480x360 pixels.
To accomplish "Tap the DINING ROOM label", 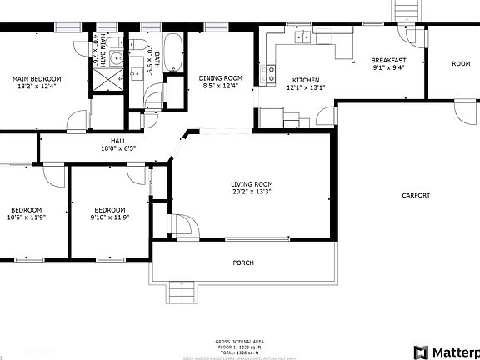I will coord(221,78).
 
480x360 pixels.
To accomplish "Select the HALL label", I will coord(117,141).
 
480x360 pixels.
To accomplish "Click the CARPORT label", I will coord(416,195).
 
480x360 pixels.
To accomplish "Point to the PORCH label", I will coord(243,263).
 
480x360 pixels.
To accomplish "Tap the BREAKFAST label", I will coord(388,60).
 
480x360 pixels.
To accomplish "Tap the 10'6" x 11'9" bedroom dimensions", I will coord(26,218).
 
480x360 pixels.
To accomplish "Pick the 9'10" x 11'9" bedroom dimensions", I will coord(109,218).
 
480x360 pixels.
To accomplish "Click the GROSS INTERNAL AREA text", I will coord(240,342).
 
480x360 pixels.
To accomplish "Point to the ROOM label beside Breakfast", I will coord(461,64).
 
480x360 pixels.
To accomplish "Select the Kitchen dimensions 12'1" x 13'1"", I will coord(304,87).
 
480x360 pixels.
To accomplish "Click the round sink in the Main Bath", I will coord(117,58).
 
